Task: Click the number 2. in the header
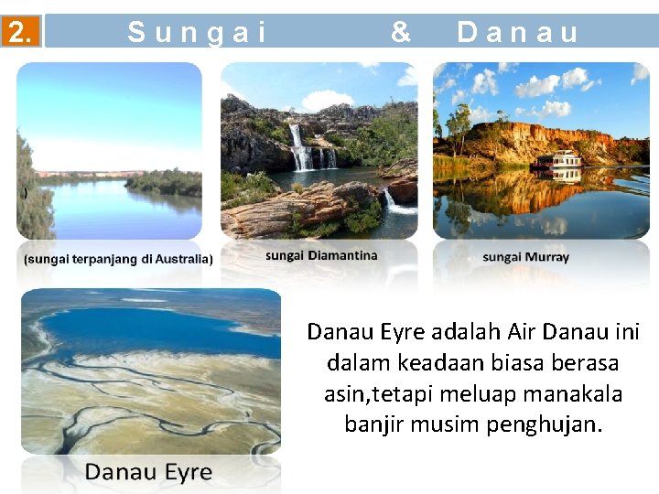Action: click(20, 33)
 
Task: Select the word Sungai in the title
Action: click(197, 33)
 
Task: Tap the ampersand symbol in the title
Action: click(400, 32)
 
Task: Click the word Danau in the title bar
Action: click(518, 33)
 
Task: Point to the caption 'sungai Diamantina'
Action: click(321, 255)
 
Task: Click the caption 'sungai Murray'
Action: click(525, 257)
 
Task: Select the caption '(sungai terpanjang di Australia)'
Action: click(118, 259)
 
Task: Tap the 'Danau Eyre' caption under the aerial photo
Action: click(148, 472)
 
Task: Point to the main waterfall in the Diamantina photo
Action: click(298, 148)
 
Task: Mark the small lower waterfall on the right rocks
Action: click(390, 199)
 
